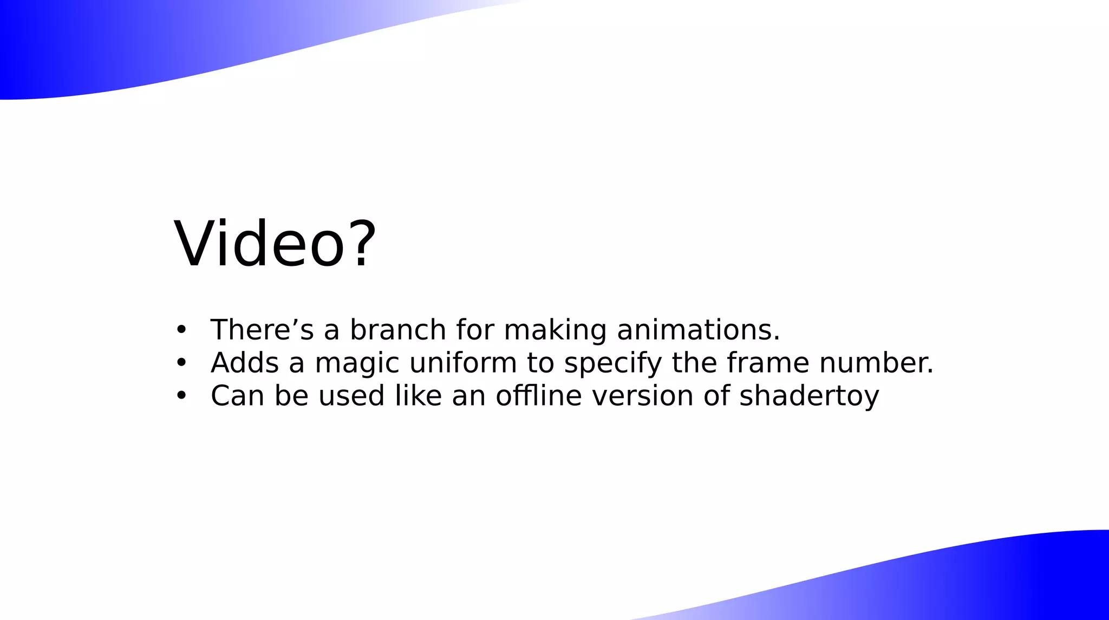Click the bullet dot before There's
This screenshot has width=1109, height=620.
pyautogui.click(x=181, y=329)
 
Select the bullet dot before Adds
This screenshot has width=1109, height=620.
pyautogui.click(x=181, y=362)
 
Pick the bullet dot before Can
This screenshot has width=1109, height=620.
pyautogui.click(x=181, y=395)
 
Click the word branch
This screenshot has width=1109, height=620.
pyautogui.click(x=398, y=329)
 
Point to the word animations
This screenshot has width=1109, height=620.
pyautogui.click(x=698, y=329)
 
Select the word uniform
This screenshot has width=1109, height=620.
pyautogui.click(x=463, y=362)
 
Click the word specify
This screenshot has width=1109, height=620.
pyautogui.click(x=613, y=363)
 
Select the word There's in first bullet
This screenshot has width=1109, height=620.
pyautogui.click(x=262, y=329)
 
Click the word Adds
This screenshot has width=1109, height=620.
pyautogui.click(x=245, y=362)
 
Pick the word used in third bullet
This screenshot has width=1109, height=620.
pyautogui.click(x=351, y=395)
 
